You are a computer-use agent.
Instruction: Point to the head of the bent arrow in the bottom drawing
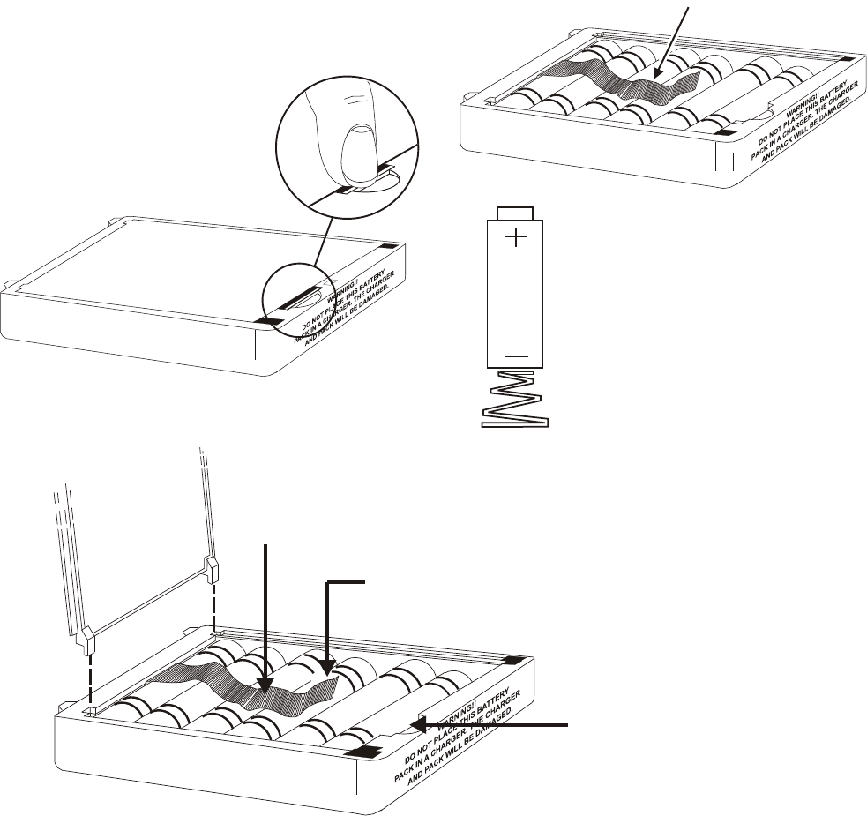pyautogui.click(x=327, y=672)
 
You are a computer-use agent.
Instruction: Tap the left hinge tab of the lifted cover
pyautogui.click(x=88, y=637)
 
